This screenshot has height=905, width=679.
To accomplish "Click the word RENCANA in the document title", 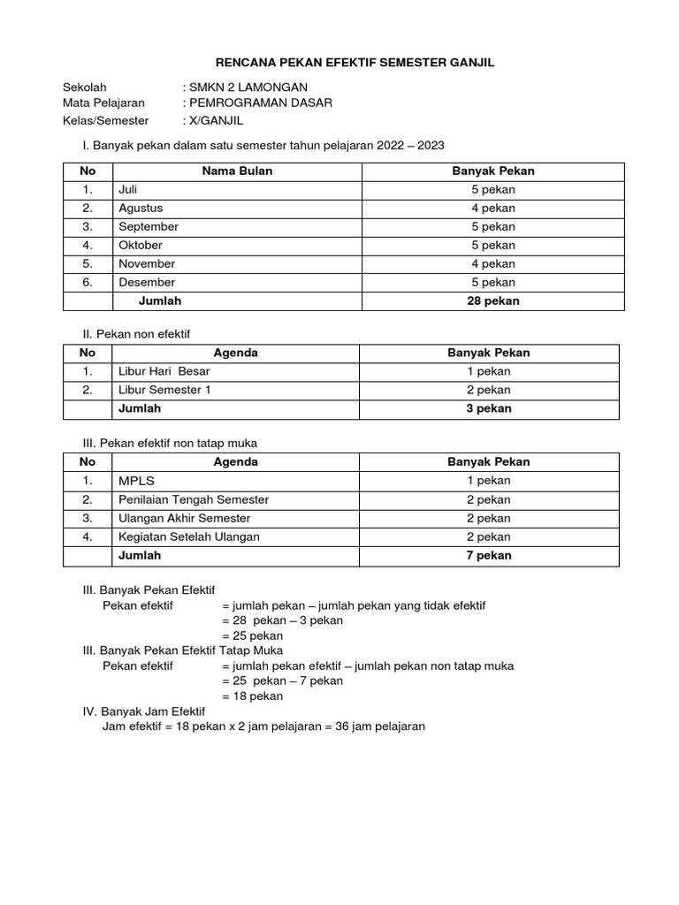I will tap(248, 63).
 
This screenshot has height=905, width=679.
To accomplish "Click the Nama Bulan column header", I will tap(237, 171).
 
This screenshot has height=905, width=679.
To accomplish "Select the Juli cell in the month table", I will tap(129, 190).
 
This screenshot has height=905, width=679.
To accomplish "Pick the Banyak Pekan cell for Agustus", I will tap(492, 209).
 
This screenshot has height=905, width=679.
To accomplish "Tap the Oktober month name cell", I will tap(141, 246).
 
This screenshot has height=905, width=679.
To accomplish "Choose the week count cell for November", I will tap(492, 264).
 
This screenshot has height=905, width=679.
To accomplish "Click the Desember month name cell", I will tap(147, 283).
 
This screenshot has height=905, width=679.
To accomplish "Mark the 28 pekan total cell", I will tap(492, 301).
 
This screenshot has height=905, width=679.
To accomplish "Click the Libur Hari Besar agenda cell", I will tap(164, 371).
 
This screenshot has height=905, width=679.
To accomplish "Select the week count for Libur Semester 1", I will tap(489, 390).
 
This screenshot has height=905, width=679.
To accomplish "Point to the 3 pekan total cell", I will tap(489, 409).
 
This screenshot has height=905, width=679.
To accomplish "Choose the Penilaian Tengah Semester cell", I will tap(194, 500).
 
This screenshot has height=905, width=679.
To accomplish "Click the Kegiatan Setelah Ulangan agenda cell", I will tap(189, 537).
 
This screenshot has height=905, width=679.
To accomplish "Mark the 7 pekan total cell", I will tap(489, 556).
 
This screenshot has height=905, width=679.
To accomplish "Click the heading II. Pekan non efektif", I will tap(136, 333).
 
